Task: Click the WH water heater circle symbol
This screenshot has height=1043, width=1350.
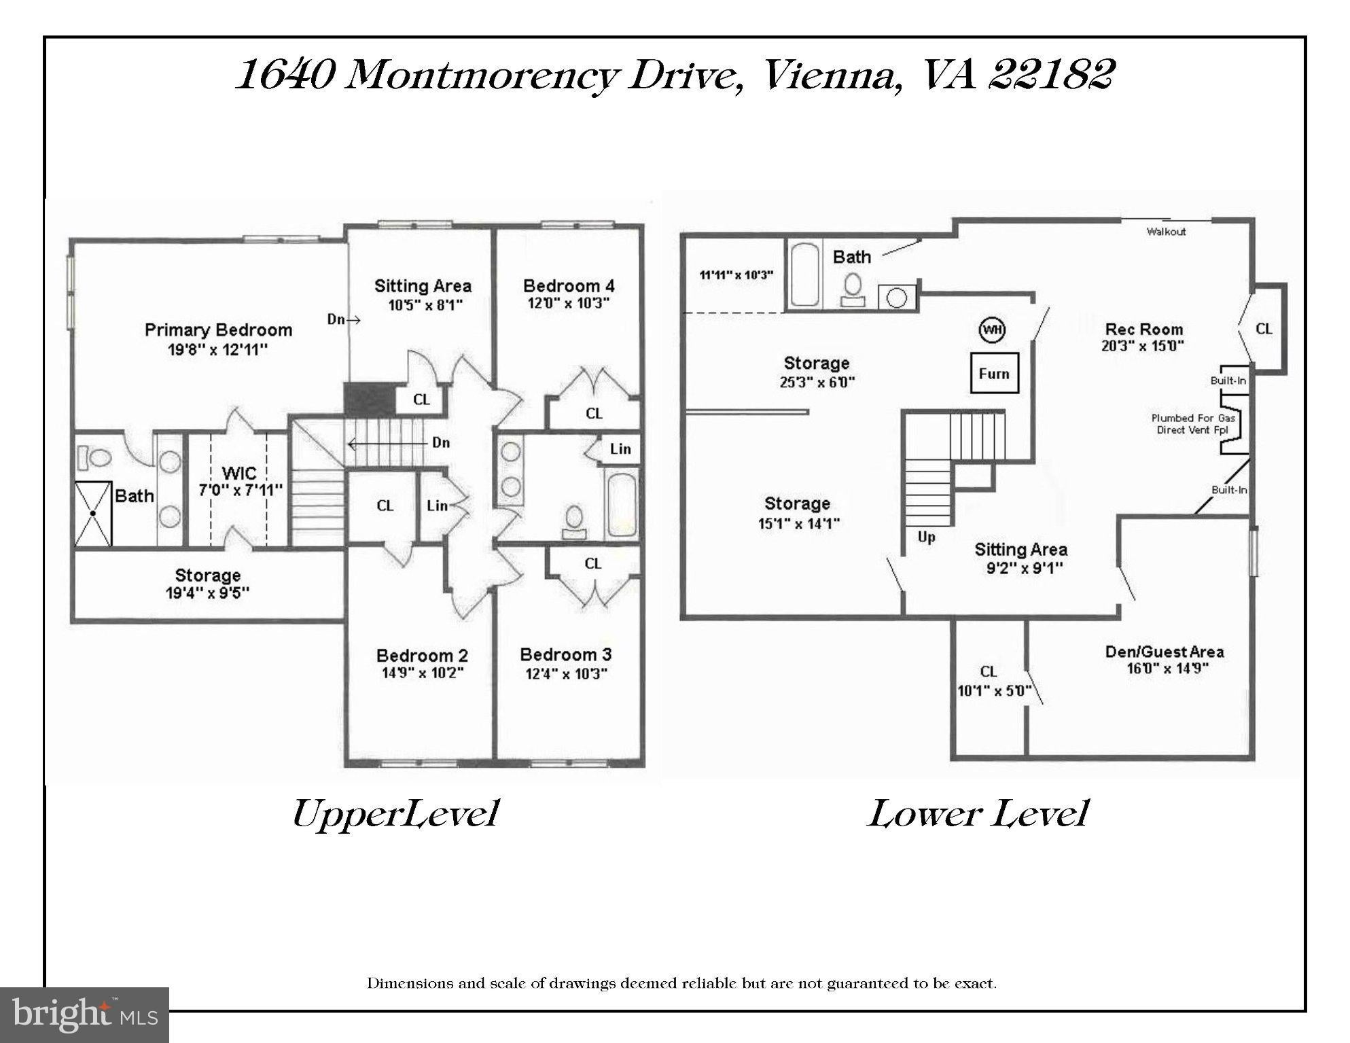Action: click(x=993, y=330)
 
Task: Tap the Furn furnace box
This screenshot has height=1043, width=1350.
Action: click(x=994, y=373)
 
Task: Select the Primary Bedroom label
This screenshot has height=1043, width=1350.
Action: click(x=218, y=330)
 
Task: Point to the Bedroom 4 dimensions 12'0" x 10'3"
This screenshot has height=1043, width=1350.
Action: click(x=568, y=303)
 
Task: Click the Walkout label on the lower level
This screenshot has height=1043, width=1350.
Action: click(x=1166, y=232)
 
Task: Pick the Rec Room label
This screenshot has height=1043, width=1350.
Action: click(x=1144, y=330)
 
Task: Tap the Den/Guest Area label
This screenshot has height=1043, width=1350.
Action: click(x=1164, y=652)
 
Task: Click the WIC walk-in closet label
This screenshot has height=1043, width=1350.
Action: click(x=239, y=472)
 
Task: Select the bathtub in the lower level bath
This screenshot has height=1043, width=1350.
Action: click(x=805, y=275)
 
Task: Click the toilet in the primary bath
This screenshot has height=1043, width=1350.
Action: click(x=94, y=457)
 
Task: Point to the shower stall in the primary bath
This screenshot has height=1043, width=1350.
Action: click(x=92, y=513)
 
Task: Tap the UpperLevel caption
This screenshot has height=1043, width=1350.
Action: click(x=395, y=813)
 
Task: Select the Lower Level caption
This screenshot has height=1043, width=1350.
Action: click(x=978, y=813)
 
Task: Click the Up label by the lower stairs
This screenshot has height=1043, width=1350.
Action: click(x=926, y=537)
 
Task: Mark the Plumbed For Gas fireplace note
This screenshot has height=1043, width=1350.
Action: click(x=1193, y=419)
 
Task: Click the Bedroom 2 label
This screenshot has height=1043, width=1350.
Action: click(x=422, y=656)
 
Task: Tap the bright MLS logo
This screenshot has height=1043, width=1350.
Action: click(x=84, y=1014)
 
